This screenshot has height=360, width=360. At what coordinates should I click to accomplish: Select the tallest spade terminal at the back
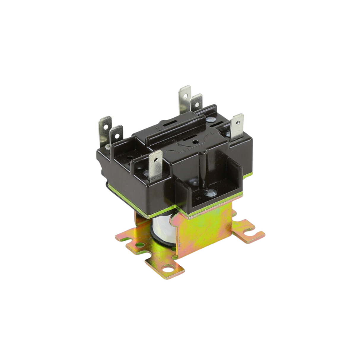(x=184, y=99)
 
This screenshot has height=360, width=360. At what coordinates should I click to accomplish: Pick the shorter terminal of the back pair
(x=196, y=103)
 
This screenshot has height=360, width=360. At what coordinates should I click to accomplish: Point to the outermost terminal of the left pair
(x=105, y=129)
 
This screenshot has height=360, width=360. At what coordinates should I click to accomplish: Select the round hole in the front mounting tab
(x=169, y=269)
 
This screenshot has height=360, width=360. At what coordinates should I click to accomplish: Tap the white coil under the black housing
(x=162, y=227)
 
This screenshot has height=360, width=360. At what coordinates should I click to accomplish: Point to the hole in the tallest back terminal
(x=185, y=95)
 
